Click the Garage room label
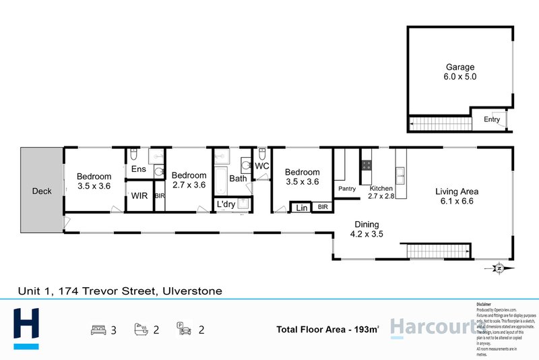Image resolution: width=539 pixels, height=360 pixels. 459,67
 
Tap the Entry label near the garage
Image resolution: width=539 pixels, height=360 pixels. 492,119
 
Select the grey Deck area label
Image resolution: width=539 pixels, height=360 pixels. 42,191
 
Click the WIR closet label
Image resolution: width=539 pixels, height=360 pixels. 139,196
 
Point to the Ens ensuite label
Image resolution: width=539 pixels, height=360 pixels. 139,169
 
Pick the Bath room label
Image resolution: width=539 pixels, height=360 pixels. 238,179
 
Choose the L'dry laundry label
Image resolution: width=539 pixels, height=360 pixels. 226,204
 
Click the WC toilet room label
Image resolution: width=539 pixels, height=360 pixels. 262,166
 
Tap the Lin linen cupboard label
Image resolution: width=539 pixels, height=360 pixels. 301,208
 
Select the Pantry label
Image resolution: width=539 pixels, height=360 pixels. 347,189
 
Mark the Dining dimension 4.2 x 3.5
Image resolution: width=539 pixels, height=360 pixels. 368,235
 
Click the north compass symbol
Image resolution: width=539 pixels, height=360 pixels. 499,268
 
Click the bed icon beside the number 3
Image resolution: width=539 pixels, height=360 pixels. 98,330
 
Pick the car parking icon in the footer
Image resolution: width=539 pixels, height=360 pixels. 183,330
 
